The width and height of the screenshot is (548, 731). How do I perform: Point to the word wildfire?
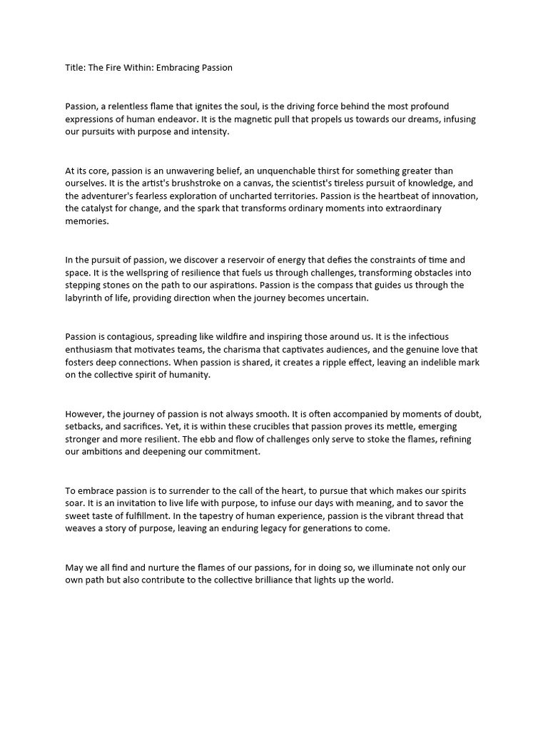click(236, 337)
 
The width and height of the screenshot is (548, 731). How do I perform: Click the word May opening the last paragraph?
click(75, 568)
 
